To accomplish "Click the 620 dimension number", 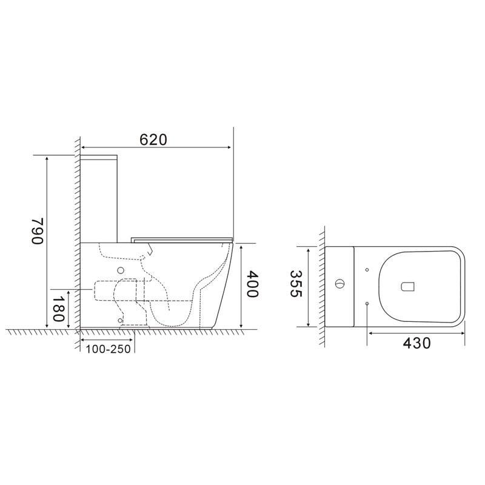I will [x=153, y=139].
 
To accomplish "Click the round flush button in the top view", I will [x=340, y=283].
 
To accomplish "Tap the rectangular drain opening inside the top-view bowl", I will [x=407, y=285].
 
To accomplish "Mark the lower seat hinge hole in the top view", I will [x=367, y=303].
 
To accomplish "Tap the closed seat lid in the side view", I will [x=182, y=236].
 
